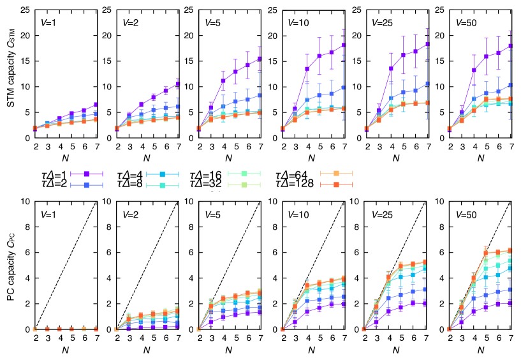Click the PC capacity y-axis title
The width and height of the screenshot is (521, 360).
click(13, 266)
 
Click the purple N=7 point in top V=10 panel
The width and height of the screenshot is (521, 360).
click(344, 45)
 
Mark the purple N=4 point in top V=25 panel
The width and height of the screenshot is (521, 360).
click(391, 68)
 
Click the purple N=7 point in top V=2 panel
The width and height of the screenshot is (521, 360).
click(179, 84)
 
